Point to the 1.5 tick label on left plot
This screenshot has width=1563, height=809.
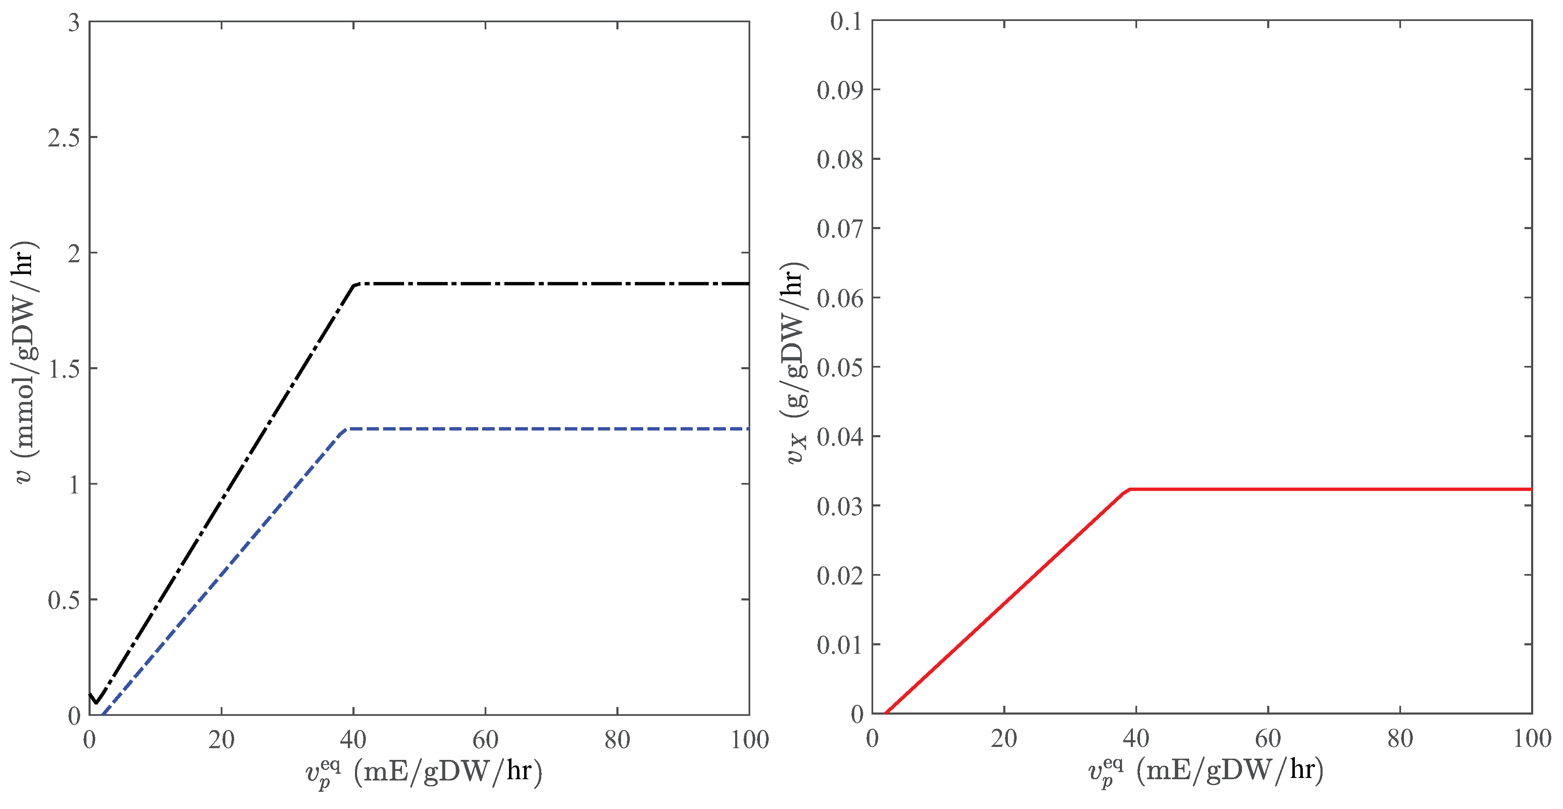click(64, 369)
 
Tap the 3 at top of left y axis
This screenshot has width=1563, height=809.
click(74, 23)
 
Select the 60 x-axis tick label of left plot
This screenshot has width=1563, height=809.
click(485, 740)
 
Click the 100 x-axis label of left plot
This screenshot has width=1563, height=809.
click(750, 740)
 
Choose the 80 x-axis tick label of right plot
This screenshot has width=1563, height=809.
click(1400, 739)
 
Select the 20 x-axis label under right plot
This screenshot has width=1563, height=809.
click(1004, 739)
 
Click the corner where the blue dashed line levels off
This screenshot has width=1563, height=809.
click(344, 430)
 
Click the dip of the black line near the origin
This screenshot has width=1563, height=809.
click(96, 703)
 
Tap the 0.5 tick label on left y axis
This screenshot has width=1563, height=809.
click(64, 600)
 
